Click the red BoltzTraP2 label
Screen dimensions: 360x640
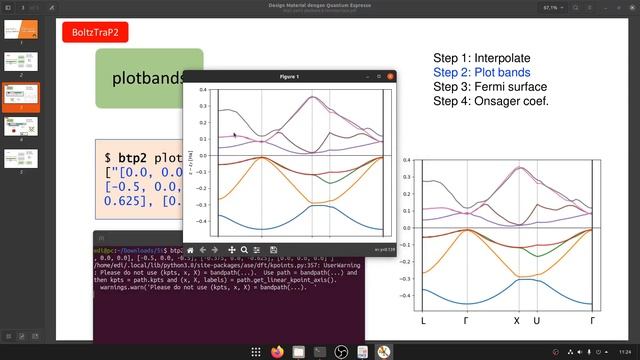click(95, 32)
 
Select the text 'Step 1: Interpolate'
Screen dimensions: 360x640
click(482, 59)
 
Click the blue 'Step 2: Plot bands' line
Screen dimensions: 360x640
click(482, 73)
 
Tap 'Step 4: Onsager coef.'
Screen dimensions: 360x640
click(491, 101)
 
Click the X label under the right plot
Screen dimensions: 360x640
click(517, 321)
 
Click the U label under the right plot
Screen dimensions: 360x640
click(537, 321)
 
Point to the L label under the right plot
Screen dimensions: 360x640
click(423, 321)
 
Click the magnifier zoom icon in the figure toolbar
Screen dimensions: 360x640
click(245, 249)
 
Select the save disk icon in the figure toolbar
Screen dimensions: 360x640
click(272, 249)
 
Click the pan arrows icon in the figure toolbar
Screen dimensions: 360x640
click(231, 249)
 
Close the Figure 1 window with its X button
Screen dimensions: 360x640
click(389, 76)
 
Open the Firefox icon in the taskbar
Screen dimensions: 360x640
click(277, 351)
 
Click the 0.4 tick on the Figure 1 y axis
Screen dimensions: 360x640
click(203, 90)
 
